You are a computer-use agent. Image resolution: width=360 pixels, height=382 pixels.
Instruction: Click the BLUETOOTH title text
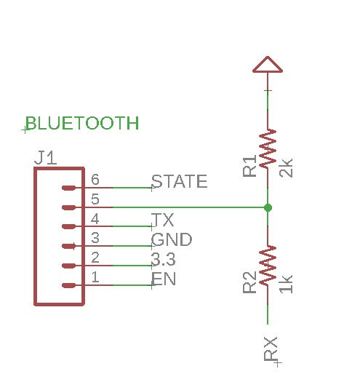click(x=82, y=123)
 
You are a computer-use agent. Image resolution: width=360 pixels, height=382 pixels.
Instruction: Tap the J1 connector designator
click(x=46, y=158)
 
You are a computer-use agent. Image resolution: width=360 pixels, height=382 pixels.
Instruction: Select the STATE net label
click(x=179, y=181)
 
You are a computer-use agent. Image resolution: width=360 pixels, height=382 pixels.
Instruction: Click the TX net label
click(x=162, y=220)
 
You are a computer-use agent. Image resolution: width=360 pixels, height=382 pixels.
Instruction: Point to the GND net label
click(x=172, y=239)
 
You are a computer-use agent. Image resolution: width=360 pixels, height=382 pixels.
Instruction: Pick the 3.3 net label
click(x=163, y=259)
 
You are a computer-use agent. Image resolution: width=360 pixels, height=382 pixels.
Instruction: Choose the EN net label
click(x=164, y=279)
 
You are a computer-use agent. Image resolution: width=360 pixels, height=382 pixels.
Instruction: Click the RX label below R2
click(x=271, y=349)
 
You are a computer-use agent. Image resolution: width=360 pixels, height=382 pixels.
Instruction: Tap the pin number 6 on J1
click(x=95, y=180)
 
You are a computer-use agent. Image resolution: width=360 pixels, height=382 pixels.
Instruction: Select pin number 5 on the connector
click(x=95, y=199)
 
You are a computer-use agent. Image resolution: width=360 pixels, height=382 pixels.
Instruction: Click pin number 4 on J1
click(x=95, y=218)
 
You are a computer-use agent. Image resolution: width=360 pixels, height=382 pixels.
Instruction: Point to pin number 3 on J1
click(x=95, y=238)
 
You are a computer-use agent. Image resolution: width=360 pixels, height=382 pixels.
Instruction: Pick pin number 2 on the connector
click(x=95, y=258)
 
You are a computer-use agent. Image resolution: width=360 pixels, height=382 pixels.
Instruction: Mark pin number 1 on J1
click(x=95, y=277)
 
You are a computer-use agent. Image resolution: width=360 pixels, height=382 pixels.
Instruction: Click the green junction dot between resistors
click(x=268, y=207)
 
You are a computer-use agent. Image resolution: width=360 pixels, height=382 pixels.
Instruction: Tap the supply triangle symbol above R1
click(x=268, y=65)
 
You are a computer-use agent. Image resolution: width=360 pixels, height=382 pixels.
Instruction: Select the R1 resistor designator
click(x=249, y=166)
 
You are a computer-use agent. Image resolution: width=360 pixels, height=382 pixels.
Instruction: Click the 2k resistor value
click(x=286, y=168)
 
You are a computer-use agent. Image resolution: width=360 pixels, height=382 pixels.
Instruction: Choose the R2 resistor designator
click(x=249, y=282)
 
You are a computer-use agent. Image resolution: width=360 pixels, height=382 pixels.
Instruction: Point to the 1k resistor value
click(x=286, y=284)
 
